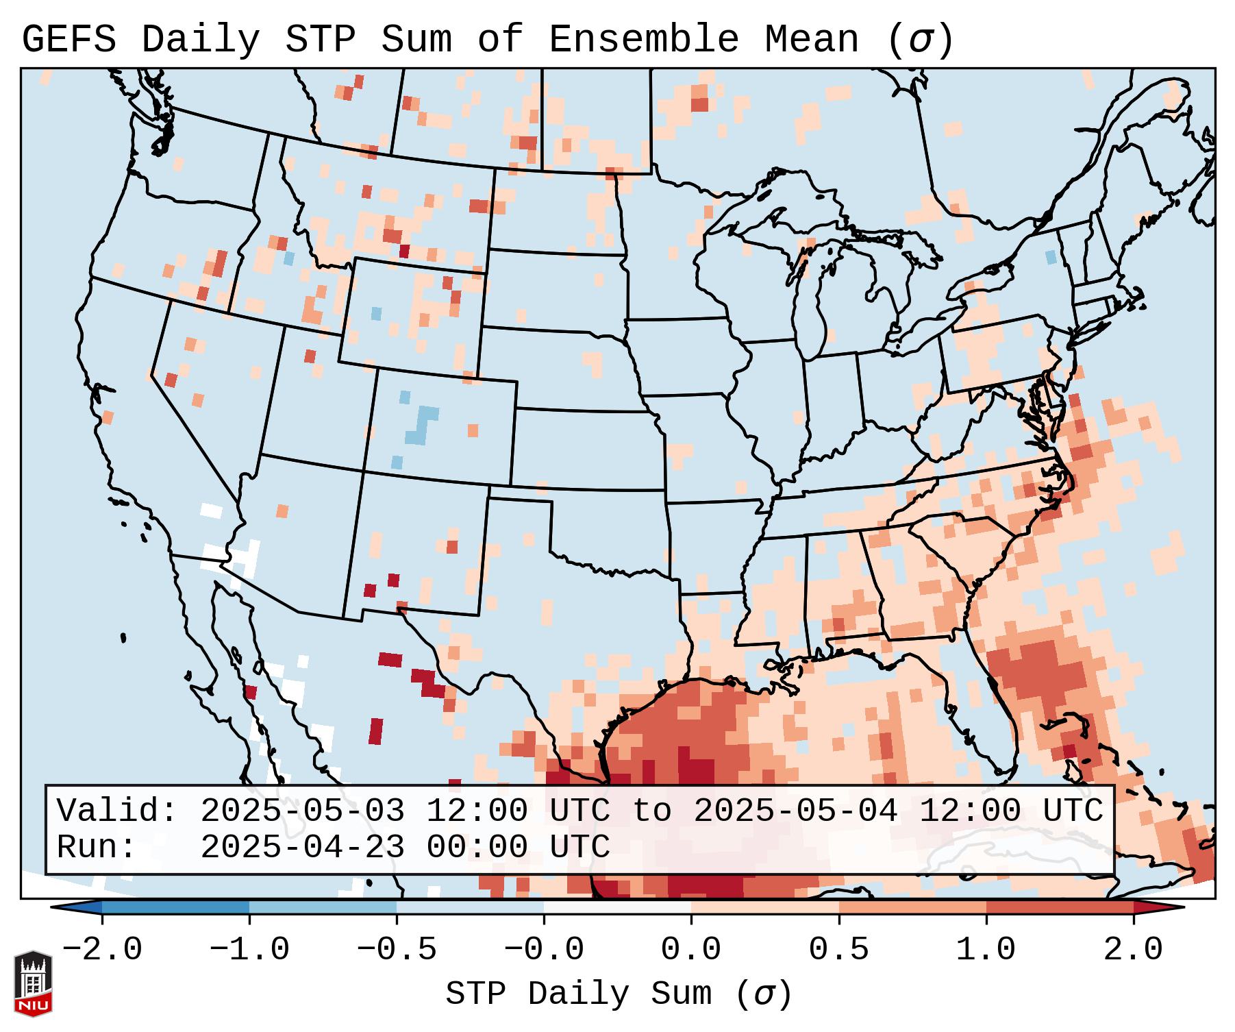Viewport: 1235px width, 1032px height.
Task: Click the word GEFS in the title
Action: pos(68,39)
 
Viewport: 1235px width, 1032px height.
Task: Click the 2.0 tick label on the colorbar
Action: pos(1133,950)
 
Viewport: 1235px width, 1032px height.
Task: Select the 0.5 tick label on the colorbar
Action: pos(838,950)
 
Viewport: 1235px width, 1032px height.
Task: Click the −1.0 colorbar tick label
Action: pos(249,950)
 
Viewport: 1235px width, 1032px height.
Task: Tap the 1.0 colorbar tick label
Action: pos(986,950)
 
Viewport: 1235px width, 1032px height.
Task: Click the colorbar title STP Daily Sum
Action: pos(578,994)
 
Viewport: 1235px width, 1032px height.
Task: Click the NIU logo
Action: pos(33,983)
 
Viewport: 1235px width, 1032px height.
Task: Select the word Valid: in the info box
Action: pos(117,811)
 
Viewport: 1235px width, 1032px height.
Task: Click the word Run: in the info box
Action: pos(97,847)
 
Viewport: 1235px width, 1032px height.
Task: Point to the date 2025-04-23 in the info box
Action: pos(302,847)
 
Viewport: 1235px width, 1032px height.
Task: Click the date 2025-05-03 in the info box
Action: pos(302,811)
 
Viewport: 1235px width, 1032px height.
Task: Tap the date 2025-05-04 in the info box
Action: pos(795,811)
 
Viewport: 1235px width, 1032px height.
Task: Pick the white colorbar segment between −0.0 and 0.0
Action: pos(617,907)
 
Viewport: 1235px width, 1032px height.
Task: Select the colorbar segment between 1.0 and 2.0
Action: pos(1060,907)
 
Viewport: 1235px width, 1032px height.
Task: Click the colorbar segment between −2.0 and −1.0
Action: pos(175,907)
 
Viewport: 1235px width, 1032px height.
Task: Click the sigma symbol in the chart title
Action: pos(920,40)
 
